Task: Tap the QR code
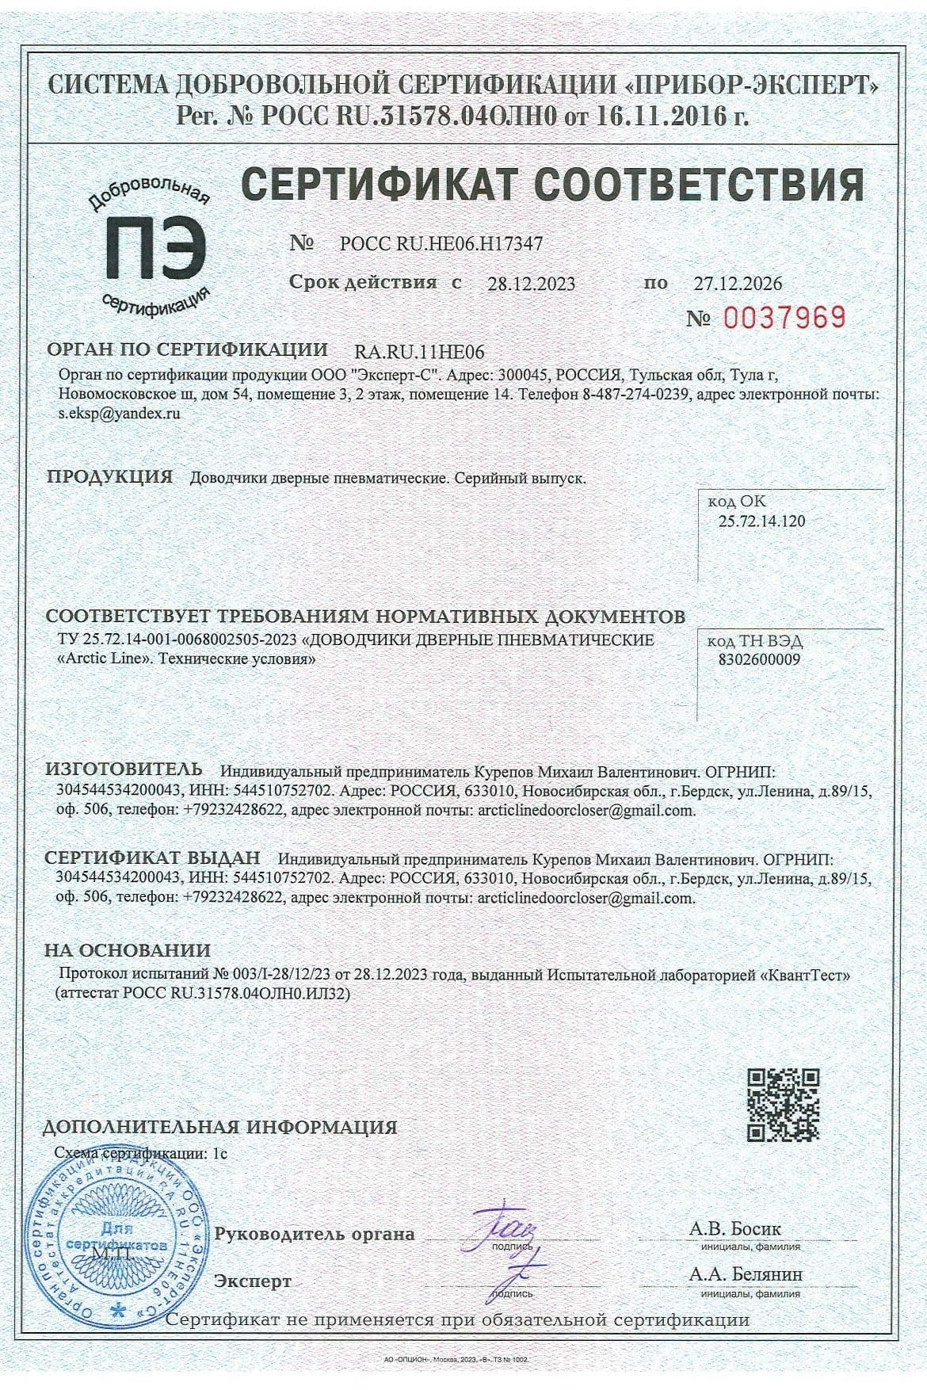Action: pos(784,1105)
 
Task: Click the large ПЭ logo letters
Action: pos(156,249)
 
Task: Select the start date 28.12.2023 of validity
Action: pos(531,284)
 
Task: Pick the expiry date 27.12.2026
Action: pos(738,283)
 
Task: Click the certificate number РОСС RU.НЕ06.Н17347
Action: pos(441,243)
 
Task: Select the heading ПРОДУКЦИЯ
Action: pos(109,477)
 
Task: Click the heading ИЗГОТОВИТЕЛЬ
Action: pos(124,769)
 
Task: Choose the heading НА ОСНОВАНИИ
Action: pos(128,950)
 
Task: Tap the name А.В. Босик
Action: pos(734,1229)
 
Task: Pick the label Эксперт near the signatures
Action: pos(253,1281)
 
